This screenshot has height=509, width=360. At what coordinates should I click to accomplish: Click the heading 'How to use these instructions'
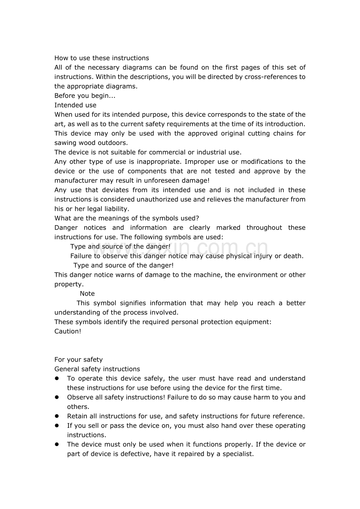[102, 58]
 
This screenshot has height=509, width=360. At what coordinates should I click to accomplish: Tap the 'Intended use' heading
[75, 105]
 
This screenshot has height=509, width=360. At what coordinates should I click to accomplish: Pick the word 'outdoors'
[113, 143]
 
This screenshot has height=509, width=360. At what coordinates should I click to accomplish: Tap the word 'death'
[293, 256]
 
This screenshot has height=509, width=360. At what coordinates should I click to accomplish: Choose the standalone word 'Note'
[87, 294]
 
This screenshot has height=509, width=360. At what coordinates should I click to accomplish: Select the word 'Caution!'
[68, 331]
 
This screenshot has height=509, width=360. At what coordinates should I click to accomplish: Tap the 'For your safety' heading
[78, 359]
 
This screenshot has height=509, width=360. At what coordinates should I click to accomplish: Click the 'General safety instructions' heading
[97, 369]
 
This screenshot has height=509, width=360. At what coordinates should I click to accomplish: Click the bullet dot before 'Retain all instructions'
[57, 416]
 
